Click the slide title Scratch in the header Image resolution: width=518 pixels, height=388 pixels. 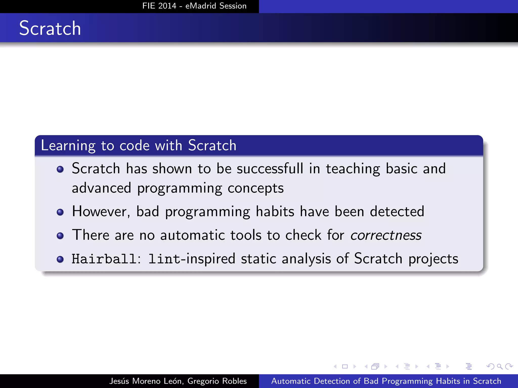click(x=50, y=28)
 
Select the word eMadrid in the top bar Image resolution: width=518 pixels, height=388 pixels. click(x=201, y=6)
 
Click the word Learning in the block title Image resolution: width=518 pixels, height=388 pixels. click(x=68, y=146)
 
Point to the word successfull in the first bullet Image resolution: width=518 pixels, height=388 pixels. click(x=270, y=168)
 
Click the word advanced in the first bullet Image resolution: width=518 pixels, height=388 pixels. click(x=101, y=188)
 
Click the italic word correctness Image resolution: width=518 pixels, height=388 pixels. click(x=386, y=235)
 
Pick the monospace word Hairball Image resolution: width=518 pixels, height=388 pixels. click(x=104, y=259)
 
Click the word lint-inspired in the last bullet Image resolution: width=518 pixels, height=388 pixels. click(x=192, y=259)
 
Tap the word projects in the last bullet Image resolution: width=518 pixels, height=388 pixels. click(x=433, y=259)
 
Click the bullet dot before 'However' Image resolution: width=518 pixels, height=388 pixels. click(x=60, y=212)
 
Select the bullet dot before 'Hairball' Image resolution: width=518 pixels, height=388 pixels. click(x=60, y=259)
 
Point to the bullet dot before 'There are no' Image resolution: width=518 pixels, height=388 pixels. click(x=60, y=236)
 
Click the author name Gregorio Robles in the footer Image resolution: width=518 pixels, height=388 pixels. click(x=217, y=381)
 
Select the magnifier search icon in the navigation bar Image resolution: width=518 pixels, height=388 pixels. click(x=500, y=366)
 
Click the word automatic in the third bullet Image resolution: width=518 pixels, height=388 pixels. click(x=192, y=235)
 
